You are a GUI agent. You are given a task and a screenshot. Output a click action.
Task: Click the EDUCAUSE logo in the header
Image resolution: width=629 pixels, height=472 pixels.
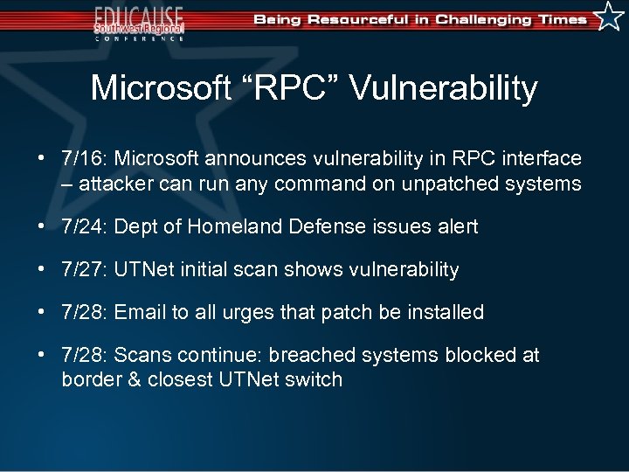[x=140, y=22]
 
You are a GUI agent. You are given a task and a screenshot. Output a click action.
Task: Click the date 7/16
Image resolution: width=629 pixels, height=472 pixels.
[x=82, y=159]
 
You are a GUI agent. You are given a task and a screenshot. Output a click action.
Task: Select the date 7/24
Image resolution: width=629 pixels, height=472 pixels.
[x=82, y=227]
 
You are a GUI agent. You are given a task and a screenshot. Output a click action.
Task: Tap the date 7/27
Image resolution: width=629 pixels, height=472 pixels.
[x=82, y=270]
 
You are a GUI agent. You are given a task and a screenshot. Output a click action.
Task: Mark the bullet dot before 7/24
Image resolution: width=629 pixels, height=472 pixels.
[x=41, y=227]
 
